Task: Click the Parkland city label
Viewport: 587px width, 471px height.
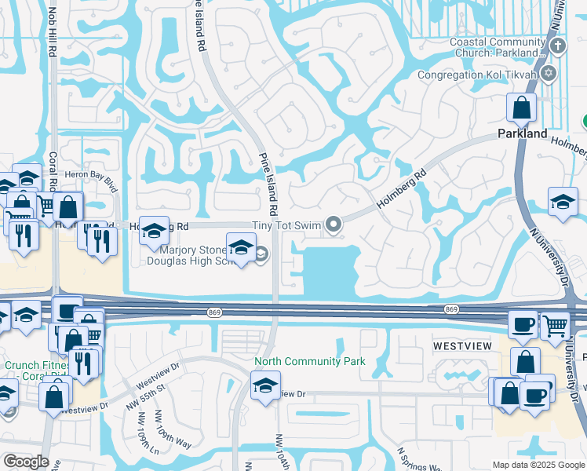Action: coord(522,134)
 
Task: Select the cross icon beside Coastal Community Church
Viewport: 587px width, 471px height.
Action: coord(557,44)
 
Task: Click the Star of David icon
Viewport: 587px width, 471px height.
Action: coord(548,75)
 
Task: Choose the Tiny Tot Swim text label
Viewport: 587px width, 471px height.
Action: coord(286,226)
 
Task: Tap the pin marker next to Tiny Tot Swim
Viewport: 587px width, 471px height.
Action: coord(334,226)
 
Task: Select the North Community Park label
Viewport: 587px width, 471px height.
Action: coord(309,362)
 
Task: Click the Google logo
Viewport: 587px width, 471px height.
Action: coord(25,462)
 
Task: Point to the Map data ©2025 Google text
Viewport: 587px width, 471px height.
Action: coord(538,465)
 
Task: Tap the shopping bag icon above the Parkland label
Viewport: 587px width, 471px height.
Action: coord(521,107)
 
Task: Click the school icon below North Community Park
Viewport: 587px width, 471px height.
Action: coord(265,385)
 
